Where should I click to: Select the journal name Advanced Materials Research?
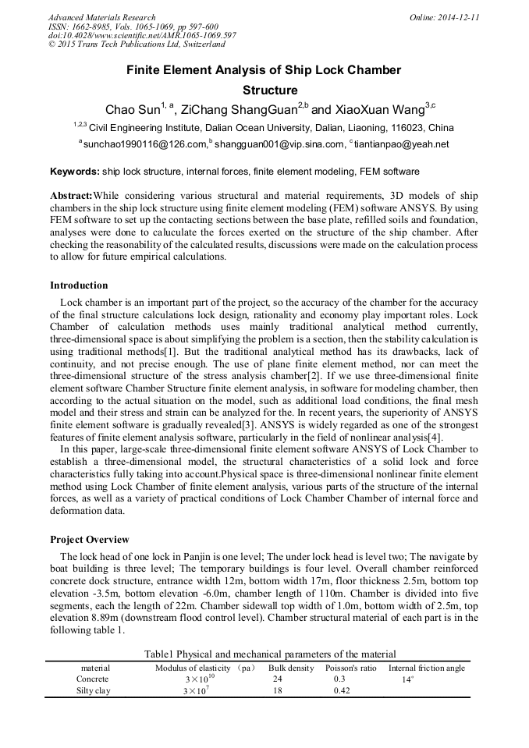[102, 17]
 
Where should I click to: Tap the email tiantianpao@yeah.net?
[401, 144]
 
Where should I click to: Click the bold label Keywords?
[75, 172]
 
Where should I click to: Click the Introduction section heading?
[79, 285]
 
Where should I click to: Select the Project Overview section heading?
[90, 540]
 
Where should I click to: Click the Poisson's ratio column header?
[350, 668]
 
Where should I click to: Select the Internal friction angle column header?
[426, 668]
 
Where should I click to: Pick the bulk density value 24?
[279, 679]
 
